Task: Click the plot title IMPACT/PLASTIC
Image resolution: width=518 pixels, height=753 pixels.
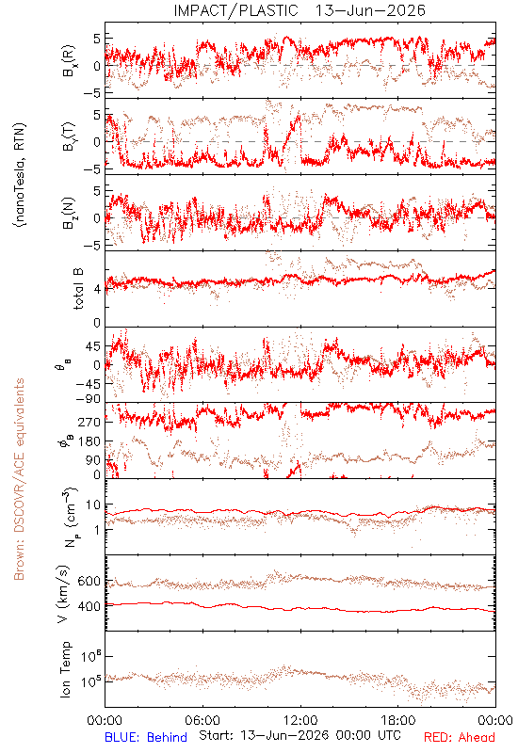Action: tap(236, 10)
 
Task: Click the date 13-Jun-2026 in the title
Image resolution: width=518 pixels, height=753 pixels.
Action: tap(370, 10)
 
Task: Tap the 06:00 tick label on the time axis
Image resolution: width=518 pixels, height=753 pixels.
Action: tap(202, 720)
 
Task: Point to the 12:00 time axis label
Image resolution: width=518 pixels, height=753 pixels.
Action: tap(300, 720)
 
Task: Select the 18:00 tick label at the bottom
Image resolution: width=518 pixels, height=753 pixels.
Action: tap(398, 720)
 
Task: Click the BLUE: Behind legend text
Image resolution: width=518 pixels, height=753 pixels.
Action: tap(146, 737)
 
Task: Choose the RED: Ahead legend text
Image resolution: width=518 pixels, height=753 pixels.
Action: tap(460, 737)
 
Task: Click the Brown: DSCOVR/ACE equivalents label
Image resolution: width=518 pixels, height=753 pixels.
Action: tap(19, 479)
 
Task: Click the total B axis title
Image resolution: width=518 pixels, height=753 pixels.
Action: tap(78, 289)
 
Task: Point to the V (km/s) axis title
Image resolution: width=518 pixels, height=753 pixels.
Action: tap(63, 594)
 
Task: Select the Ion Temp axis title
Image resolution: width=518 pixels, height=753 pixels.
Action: tap(65, 669)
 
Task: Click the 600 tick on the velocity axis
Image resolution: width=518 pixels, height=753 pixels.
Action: tap(89, 581)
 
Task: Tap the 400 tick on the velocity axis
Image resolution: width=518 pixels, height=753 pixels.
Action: tap(89, 606)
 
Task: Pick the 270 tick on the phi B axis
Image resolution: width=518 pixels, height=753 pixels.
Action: tap(89, 423)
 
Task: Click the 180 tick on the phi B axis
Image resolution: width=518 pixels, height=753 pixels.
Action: tap(89, 441)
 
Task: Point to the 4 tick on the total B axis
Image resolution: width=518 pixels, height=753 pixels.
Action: tap(97, 289)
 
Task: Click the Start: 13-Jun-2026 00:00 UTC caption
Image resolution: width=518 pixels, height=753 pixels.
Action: tap(300, 736)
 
